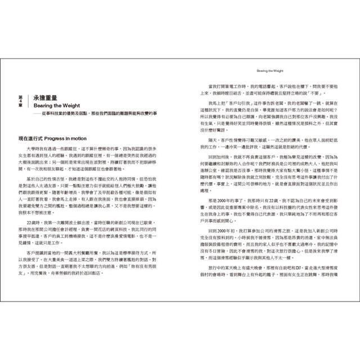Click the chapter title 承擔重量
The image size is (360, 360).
pyautogui.click(x=47, y=98)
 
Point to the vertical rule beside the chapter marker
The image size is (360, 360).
pyautogui.click(x=26, y=103)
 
